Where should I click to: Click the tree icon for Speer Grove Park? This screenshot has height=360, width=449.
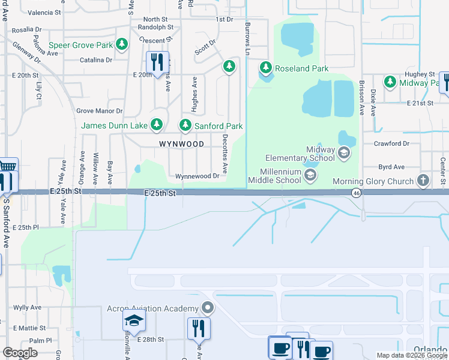[x=122, y=45]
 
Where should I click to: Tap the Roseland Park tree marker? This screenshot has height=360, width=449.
[x=265, y=68]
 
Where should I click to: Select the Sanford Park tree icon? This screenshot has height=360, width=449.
[x=185, y=126]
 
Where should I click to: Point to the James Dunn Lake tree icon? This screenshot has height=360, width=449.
[x=157, y=125]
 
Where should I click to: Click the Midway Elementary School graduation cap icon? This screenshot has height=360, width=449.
[x=344, y=153]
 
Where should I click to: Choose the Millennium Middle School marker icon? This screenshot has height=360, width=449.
[x=310, y=175]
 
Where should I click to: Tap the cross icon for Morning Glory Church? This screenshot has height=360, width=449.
[x=423, y=181]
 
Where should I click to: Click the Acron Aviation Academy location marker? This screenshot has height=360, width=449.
[x=208, y=308]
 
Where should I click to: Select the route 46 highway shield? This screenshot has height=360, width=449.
[x=357, y=192]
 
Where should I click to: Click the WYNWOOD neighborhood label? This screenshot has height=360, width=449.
[x=181, y=144]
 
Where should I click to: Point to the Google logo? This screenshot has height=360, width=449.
[x=20, y=353]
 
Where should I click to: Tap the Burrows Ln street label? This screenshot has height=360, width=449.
[x=247, y=37]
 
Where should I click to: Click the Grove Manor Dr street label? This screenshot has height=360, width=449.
[x=99, y=111]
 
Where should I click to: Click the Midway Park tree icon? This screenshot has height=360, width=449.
[x=390, y=82]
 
